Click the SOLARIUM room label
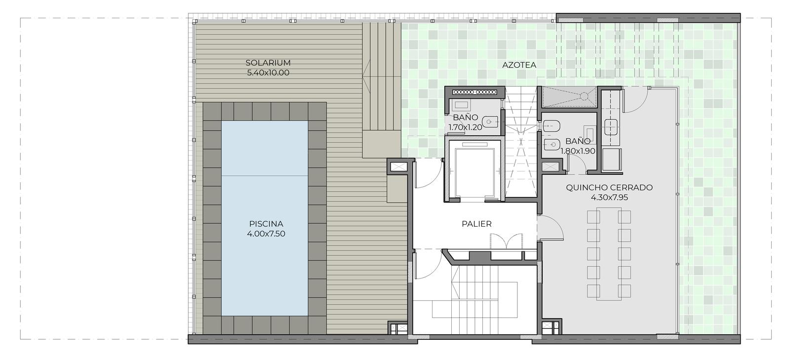click(x=268, y=63)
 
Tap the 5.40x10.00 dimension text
click(x=268, y=73)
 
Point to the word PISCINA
click(x=266, y=224)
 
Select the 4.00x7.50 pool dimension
click(x=266, y=234)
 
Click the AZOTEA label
click(x=519, y=65)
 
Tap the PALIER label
click(x=477, y=224)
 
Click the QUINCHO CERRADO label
click(x=609, y=187)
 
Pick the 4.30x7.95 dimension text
click(x=609, y=197)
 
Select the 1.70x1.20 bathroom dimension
click(x=465, y=127)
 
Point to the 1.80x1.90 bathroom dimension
click(x=578, y=151)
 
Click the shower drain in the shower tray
click(x=584, y=95)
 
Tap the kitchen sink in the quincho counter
click(x=611, y=127)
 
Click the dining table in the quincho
click(x=609, y=254)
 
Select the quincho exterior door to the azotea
click(x=635, y=100)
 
